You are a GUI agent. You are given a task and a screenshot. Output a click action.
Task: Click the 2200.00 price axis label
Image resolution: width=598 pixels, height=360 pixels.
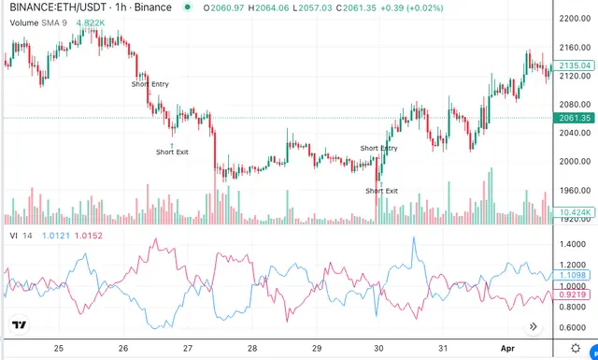(575, 19)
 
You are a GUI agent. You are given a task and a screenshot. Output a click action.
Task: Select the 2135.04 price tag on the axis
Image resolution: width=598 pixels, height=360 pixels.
(574, 65)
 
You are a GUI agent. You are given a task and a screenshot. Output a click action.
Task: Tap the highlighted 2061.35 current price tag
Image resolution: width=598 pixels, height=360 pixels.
(574, 118)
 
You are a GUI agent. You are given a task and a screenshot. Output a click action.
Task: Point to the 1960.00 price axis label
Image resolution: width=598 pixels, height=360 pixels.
(575, 190)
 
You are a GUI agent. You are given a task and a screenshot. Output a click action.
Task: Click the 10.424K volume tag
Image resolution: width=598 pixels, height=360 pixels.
(574, 212)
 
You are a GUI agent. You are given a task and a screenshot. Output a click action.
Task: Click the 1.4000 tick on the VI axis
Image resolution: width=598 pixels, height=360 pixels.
(573, 244)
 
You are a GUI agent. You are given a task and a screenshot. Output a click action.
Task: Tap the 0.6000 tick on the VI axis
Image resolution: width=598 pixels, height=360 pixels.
(573, 327)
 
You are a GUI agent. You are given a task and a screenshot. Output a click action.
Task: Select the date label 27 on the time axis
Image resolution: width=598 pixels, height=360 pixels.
(187, 348)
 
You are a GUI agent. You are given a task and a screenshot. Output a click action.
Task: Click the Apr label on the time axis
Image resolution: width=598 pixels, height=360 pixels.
(507, 348)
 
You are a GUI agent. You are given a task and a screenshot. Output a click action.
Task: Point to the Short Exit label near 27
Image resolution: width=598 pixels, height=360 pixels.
(172, 151)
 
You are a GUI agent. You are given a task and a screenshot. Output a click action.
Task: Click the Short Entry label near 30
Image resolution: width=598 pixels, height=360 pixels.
(378, 148)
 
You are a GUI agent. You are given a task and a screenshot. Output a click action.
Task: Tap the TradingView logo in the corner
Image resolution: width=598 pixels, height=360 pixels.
(19, 324)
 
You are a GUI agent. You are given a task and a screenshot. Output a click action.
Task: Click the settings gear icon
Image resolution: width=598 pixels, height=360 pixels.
(576, 348)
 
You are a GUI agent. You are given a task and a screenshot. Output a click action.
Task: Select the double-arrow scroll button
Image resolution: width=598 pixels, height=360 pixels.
(534, 326)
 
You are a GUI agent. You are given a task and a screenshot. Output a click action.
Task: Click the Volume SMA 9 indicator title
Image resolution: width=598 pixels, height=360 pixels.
(38, 22)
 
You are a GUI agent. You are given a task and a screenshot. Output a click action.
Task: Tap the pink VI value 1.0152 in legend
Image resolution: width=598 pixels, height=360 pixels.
(89, 236)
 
